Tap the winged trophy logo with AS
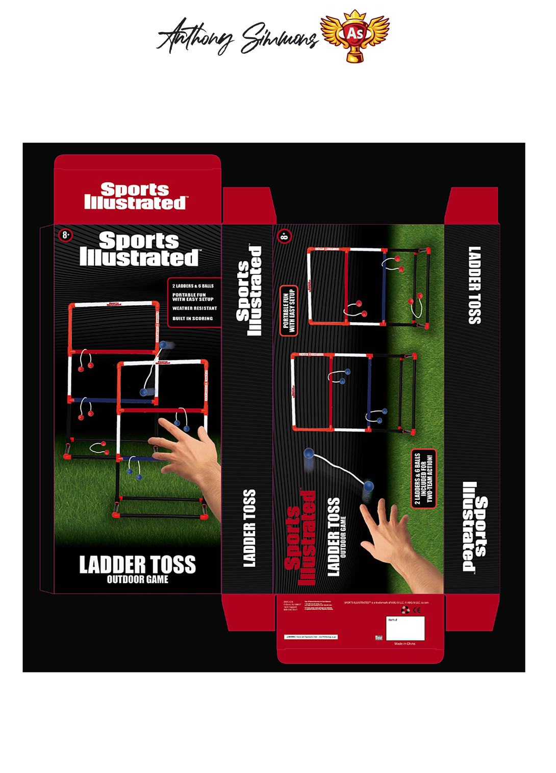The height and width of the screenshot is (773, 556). click(x=355, y=36)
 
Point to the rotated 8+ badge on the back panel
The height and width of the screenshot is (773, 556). click(x=284, y=236)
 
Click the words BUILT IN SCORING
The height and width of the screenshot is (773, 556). click(x=192, y=319)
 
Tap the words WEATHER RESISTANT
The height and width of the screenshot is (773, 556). click(x=194, y=308)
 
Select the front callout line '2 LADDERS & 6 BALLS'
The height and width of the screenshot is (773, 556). click(x=193, y=286)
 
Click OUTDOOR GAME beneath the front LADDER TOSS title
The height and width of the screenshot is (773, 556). click(x=138, y=579)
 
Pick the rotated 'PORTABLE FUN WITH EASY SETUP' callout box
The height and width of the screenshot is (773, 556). click(x=289, y=311)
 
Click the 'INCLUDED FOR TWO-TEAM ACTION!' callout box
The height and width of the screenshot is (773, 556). click(x=424, y=478)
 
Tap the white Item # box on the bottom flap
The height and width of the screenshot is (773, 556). click(x=405, y=628)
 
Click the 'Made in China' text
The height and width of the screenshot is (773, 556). click(x=405, y=644)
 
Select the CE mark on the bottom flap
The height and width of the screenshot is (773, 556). click(x=417, y=610)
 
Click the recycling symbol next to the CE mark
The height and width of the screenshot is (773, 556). click(x=406, y=610)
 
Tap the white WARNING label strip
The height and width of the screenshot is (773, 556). click(x=311, y=637)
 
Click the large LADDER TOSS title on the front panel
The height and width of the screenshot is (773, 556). click(x=138, y=565)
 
